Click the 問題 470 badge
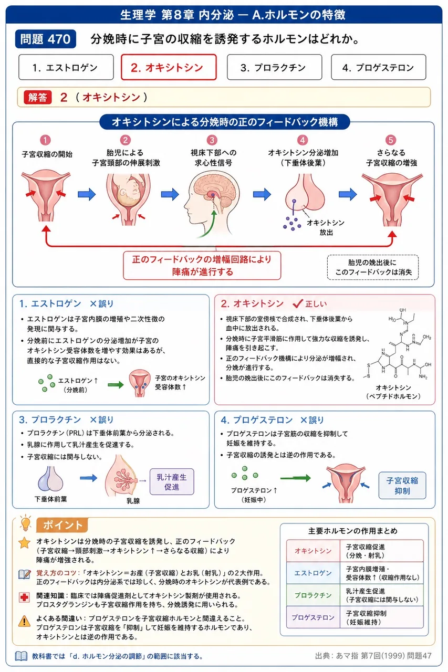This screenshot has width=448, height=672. (x=45, y=39)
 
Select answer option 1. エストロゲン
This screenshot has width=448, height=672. (x=66, y=67)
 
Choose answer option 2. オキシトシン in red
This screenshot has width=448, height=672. (x=169, y=67)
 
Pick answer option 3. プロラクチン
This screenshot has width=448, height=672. (x=274, y=67)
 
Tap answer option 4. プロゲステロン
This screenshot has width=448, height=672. (x=378, y=67)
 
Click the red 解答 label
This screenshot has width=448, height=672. (x=38, y=97)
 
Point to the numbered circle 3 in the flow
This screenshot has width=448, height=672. (x=212, y=140)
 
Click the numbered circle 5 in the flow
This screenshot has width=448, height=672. (x=390, y=140)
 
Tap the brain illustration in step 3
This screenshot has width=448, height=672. (x=212, y=201)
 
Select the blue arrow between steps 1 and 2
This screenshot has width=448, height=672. (x=87, y=194)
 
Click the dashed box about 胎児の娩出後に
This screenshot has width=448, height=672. (x=373, y=267)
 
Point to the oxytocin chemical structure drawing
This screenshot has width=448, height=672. (x=398, y=344)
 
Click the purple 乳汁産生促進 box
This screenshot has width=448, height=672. (x=172, y=482)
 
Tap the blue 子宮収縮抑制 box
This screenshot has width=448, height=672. (x=402, y=486)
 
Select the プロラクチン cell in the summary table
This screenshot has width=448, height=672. (x=313, y=595)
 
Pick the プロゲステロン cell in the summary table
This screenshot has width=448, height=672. (x=313, y=617)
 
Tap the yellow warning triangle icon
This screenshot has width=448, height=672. (x=24, y=621)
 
